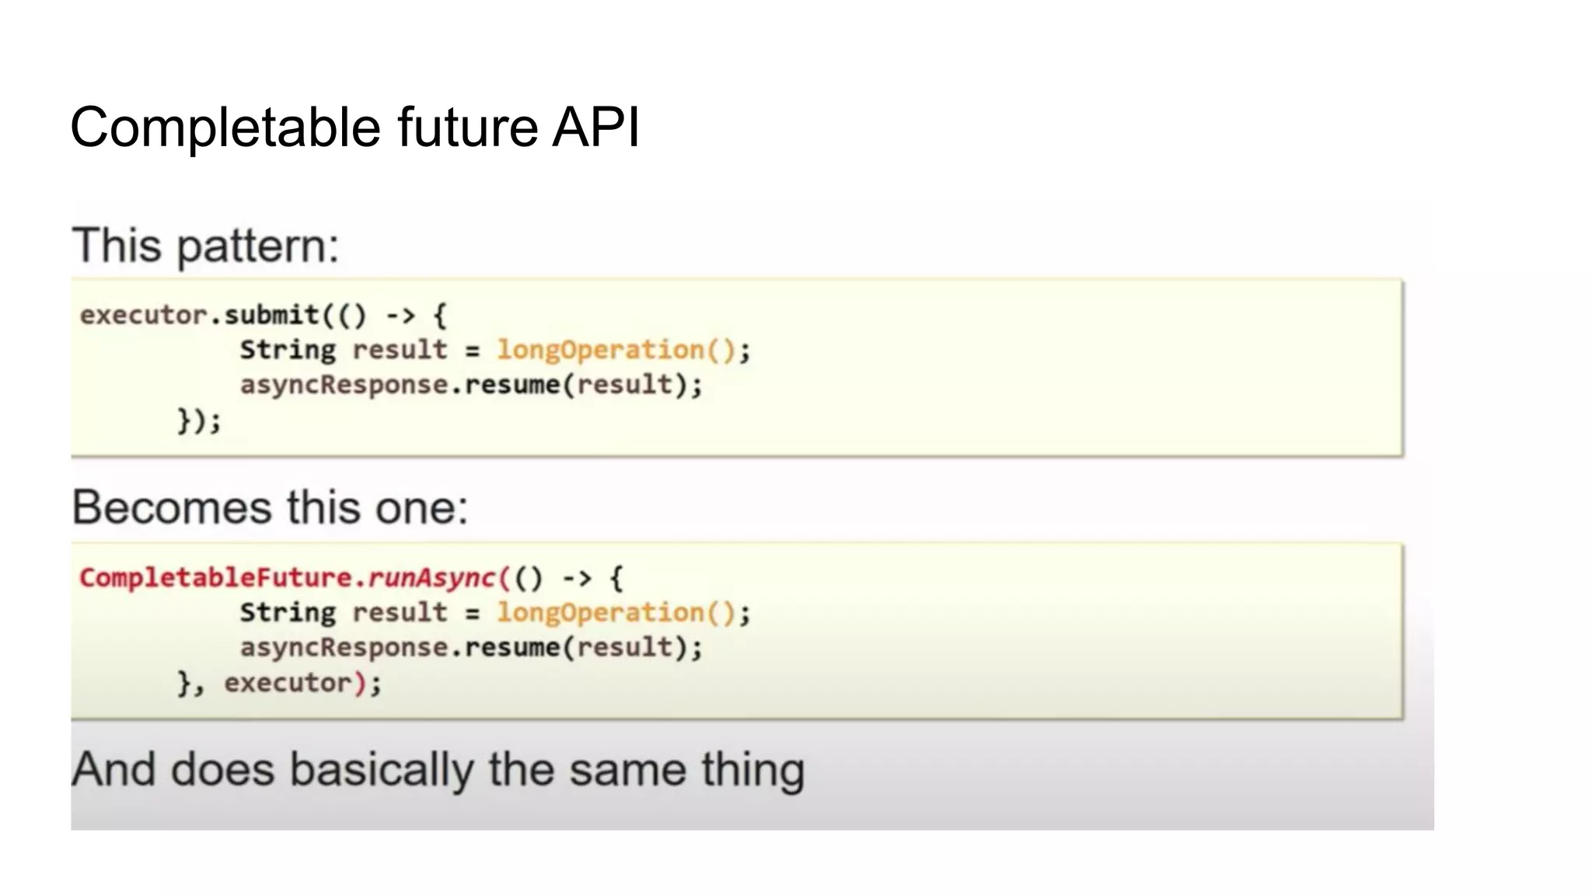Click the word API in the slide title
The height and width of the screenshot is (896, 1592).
595,127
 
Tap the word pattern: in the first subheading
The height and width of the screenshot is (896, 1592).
258,247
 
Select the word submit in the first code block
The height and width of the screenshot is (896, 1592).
271,315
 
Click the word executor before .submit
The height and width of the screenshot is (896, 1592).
144,315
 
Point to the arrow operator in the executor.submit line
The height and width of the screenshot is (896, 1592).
401,315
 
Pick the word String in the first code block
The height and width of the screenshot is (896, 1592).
288,350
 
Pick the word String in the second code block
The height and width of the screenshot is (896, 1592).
288,613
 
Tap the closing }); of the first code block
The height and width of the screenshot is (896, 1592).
199,421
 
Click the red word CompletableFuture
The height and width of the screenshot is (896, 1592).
215,578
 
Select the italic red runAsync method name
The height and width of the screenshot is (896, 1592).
431,578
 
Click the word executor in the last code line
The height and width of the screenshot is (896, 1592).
288,683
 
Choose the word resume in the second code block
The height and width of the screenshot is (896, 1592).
512,648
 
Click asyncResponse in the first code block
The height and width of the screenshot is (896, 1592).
344,385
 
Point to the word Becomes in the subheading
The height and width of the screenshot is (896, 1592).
172,508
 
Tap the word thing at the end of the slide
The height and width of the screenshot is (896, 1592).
752,770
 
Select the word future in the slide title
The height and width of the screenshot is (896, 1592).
467,127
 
